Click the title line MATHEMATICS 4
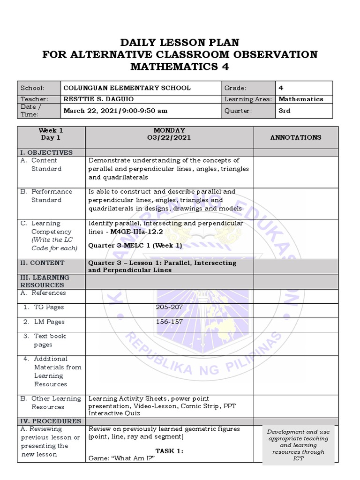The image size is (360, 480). [x=180, y=67]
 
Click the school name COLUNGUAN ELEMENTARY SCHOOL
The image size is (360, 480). [x=127, y=88]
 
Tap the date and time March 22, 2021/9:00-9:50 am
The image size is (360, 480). [x=115, y=111]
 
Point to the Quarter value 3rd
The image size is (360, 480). [x=285, y=111]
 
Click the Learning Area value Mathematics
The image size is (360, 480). [x=300, y=99]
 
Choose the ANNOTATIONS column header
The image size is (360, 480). [x=296, y=137]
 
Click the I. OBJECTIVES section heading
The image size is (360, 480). [x=46, y=153]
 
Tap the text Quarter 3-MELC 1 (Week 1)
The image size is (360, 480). [x=135, y=245]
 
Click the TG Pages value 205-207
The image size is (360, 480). [x=169, y=307]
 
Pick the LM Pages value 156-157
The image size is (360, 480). [x=169, y=322]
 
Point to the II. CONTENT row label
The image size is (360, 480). [x=42, y=263]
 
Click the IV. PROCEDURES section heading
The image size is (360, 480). [x=50, y=421]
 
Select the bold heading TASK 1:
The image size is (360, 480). [x=169, y=451]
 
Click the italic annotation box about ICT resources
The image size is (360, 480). [x=298, y=444]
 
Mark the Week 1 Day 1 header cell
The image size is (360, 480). [x=51, y=134]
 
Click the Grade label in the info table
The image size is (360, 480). [x=235, y=88]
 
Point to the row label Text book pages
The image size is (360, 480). [x=50, y=340]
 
